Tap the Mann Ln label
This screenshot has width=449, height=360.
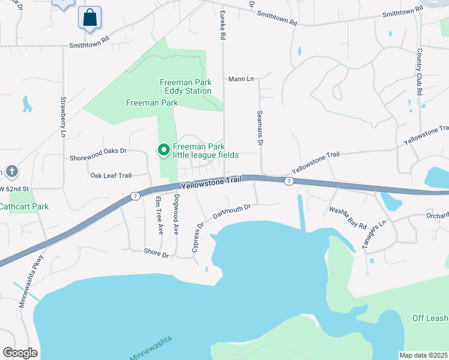(x=241, y=79)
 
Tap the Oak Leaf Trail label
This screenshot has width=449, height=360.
(x=110, y=175)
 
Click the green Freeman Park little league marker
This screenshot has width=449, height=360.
(x=163, y=150)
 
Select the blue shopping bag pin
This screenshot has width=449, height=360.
(x=89, y=18)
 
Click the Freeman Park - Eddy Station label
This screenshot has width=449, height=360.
(x=185, y=86)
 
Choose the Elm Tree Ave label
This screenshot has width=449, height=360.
(x=159, y=215)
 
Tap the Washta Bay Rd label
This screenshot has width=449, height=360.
(x=348, y=217)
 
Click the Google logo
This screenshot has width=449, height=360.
(x=20, y=353)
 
